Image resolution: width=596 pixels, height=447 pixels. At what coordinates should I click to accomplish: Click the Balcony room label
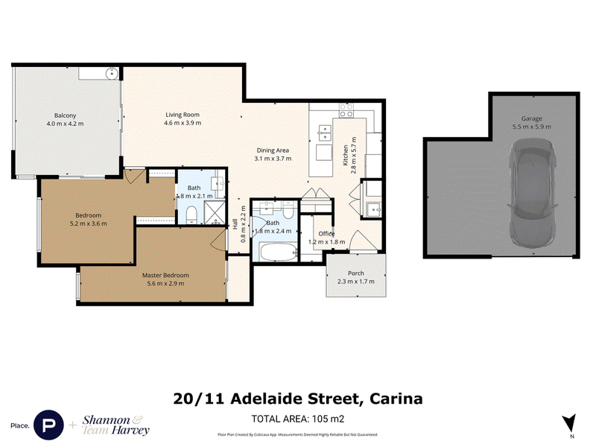tap(65, 115)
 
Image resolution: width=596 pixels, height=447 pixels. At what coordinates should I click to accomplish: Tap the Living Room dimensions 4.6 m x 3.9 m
tap(183, 123)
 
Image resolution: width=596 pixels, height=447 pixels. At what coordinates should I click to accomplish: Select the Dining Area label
tap(273, 150)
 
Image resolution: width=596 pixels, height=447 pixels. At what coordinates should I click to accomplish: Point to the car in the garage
tap(532, 193)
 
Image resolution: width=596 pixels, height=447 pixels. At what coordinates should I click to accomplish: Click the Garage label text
tap(531, 118)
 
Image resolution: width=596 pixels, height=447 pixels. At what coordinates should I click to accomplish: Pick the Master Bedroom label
tap(165, 275)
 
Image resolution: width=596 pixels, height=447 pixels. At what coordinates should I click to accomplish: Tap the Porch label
tap(356, 273)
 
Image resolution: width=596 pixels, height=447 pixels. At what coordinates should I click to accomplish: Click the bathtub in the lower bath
tap(278, 252)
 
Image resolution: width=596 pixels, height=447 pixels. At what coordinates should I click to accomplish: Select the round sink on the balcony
tap(112, 73)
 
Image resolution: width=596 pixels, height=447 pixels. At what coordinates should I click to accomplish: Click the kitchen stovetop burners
tap(346, 110)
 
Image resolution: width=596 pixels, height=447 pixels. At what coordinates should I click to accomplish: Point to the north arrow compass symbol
tap(569, 423)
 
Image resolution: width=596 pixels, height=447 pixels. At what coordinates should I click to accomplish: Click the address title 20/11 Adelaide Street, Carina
tap(297, 399)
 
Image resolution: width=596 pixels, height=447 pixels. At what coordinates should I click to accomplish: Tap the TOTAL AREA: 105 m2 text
tap(297, 419)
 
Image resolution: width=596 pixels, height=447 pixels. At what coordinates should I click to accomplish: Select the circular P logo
tap(48, 425)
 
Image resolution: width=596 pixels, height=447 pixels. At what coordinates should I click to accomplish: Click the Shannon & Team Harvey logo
tap(115, 425)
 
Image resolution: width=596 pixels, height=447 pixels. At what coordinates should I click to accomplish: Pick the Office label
tap(326, 234)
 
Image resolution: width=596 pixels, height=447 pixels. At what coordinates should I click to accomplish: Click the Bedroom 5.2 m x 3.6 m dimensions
tap(88, 223)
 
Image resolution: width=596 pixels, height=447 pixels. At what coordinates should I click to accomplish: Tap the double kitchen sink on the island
tap(324, 133)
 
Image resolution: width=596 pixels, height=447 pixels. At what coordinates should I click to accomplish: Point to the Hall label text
tap(235, 223)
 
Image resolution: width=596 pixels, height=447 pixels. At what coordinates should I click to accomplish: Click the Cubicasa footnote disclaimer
tap(297, 434)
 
